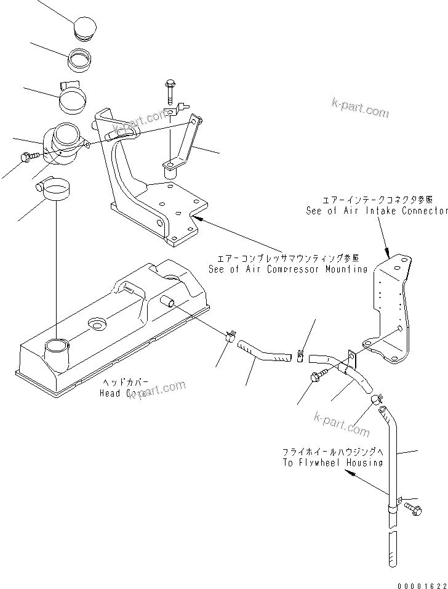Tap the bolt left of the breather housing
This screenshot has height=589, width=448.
click(x=28, y=157)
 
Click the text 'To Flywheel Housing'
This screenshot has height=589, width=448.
click(x=332, y=462)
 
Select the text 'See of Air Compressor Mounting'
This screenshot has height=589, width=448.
click(x=287, y=269)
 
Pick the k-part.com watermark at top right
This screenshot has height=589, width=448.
click(x=360, y=110)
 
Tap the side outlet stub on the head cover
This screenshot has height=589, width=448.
click(x=168, y=301)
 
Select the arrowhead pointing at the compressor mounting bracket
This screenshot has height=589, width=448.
click(x=196, y=216)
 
